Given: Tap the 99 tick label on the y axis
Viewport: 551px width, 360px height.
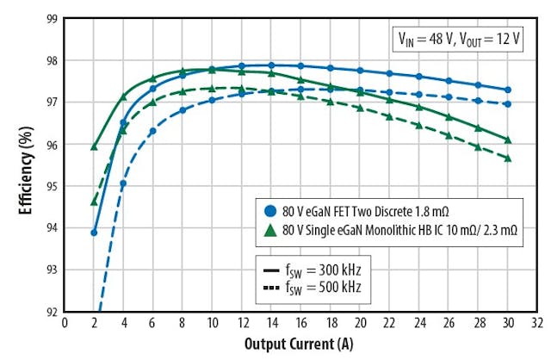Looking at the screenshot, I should point(52,18).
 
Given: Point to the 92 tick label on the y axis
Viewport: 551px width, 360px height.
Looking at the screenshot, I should point(52,311).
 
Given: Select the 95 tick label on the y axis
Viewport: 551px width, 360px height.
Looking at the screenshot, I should point(52,186).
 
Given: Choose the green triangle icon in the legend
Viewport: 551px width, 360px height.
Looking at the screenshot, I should point(269,230).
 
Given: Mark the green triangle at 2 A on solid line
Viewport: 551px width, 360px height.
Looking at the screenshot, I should point(94,146).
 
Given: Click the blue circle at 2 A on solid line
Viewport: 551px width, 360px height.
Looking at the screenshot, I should point(94,233).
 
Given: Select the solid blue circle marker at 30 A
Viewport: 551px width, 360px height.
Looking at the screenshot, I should point(508,90).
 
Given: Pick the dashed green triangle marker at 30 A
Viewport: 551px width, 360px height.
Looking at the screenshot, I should point(508,158).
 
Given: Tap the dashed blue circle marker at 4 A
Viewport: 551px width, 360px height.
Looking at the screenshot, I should point(123,183).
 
